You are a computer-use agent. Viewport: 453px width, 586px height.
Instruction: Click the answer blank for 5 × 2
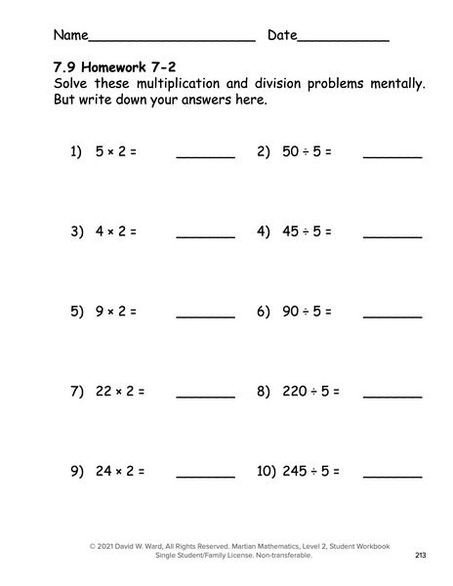point(205,154)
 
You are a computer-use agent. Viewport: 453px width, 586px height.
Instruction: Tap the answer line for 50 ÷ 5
point(392,154)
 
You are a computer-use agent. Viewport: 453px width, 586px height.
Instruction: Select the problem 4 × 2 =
point(116,232)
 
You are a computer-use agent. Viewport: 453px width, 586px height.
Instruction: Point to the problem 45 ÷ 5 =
point(308,232)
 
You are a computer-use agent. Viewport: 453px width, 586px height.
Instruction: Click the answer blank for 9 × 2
point(205,314)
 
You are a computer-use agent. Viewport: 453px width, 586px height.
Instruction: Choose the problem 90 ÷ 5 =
point(308,312)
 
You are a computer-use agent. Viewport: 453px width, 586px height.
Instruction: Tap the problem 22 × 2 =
point(120,392)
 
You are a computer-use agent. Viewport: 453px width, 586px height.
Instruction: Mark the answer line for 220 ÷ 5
point(392,395)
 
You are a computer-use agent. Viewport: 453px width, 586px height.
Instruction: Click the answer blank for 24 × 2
point(205,475)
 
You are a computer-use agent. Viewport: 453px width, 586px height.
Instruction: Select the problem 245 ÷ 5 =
point(311,471)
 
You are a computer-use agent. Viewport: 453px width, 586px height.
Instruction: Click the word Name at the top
point(69,35)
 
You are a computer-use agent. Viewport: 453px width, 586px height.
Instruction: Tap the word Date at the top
point(281,35)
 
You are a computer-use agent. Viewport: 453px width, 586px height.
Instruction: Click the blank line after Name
point(171,40)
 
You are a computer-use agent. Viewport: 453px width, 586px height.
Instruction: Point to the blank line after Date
point(343,40)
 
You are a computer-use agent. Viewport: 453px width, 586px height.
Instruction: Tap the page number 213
point(420,556)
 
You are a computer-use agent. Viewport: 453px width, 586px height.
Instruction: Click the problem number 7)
point(77,392)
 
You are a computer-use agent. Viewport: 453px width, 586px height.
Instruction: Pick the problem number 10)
point(267,471)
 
